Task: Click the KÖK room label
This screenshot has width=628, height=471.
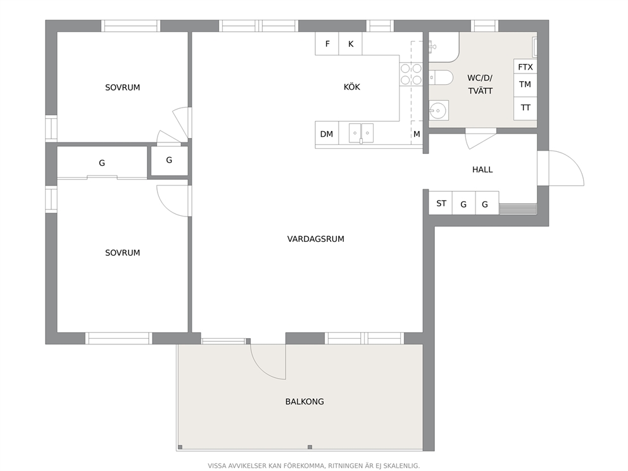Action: [x=351, y=87]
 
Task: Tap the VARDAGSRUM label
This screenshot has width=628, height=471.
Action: [x=316, y=239]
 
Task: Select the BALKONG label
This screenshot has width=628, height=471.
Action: [x=305, y=401]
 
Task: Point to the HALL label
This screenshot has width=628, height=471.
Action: [x=482, y=170]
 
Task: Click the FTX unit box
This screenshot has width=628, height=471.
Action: [x=525, y=66]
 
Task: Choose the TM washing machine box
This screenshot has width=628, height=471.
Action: [x=525, y=85]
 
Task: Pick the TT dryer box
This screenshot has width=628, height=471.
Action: [x=525, y=108]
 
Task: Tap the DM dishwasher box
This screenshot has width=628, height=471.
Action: [x=327, y=133]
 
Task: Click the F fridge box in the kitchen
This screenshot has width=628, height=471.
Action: [x=327, y=43]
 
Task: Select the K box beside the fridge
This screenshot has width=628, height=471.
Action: [x=351, y=43]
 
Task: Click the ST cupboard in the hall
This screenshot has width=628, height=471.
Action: [x=441, y=203]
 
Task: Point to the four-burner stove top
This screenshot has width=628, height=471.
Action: [x=411, y=74]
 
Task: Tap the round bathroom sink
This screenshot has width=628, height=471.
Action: [x=439, y=110]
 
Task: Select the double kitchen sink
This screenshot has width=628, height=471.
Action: [x=361, y=134]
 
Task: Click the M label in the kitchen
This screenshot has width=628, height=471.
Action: [x=417, y=134]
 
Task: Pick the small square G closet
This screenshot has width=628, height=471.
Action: [x=169, y=161]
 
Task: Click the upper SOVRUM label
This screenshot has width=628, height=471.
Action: [x=123, y=87]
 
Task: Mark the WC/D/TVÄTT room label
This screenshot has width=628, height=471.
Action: [x=480, y=84]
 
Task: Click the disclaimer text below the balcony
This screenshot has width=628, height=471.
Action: [x=313, y=466]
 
